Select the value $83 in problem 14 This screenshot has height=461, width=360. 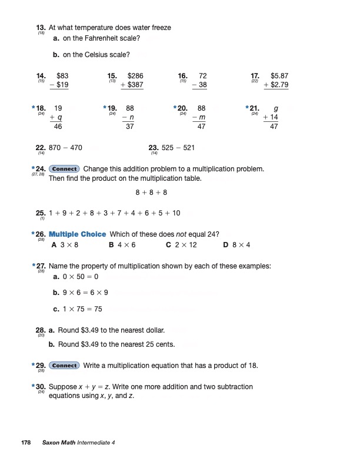point(62,76)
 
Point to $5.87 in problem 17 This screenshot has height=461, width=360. point(279,76)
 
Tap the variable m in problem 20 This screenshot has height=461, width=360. point(202,118)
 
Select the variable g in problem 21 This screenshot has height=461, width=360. point(276,108)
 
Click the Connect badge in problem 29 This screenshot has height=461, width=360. point(64,366)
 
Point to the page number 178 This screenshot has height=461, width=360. point(26,442)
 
